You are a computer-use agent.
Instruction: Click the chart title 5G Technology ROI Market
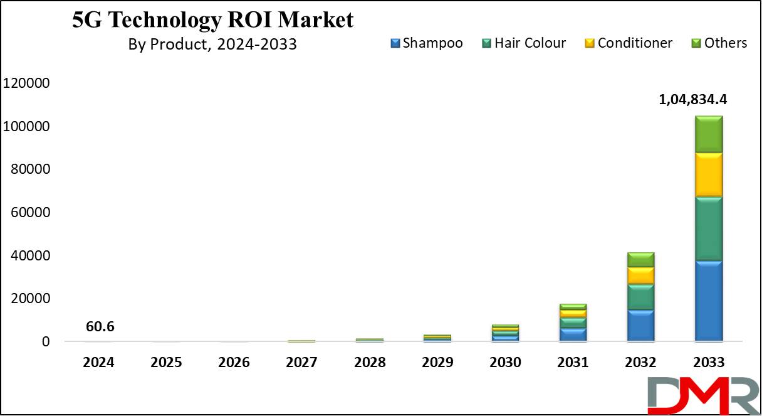pyautogui.click(x=212, y=20)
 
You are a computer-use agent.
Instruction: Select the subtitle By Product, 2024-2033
pyautogui.click(x=212, y=45)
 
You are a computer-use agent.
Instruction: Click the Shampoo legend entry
pyautogui.click(x=427, y=43)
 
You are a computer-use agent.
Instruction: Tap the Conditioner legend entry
pyautogui.click(x=629, y=43)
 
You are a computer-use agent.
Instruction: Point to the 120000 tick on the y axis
pyautogui.click(x=26, y=83)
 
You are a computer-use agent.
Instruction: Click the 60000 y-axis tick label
pyautogui.click(x=30, y=213)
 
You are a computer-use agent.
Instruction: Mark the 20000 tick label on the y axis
pyautogui.click(x=30, y=299)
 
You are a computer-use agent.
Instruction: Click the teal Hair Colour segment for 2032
pyautogui.click(x=640, y=297)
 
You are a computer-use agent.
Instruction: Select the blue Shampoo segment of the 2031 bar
pyautogui.click(x=573, y=334)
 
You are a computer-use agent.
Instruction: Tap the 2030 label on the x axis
pyautogui.click(x=505, y=363)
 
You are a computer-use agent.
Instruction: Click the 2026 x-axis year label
pyautogui.click(x=234, y=363)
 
